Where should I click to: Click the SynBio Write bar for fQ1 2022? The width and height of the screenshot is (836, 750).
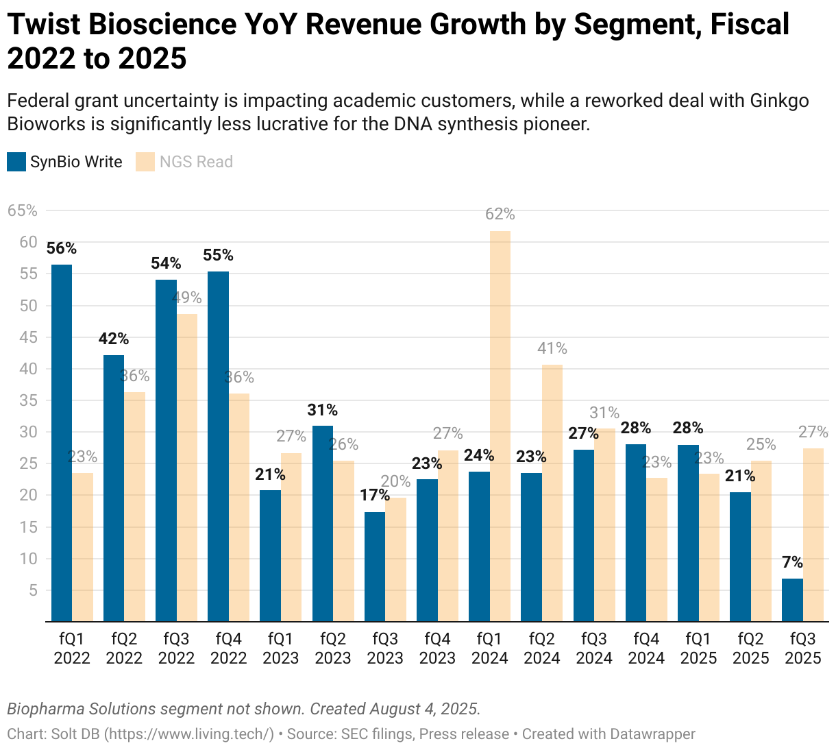pos(62,443)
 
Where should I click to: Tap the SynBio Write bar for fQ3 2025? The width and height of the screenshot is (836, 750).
pos(792,600)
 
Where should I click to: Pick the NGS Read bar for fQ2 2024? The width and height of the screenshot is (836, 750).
pos(552,493)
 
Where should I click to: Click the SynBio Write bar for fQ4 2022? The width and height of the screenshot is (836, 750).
pos(218,446)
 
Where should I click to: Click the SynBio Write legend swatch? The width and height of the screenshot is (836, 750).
pos(16,162)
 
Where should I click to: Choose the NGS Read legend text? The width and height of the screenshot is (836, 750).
pos(196,162)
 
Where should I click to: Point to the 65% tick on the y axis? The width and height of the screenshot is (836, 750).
pos(22,210)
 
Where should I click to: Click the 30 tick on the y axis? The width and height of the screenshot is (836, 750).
pos(27,432)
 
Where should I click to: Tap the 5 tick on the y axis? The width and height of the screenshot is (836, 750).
pos(32,590)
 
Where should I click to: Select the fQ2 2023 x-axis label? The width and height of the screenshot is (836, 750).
pos(333,649)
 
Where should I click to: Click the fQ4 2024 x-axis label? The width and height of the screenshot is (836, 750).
pos(646,649)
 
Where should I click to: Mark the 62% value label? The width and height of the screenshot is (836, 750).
pos(500,215)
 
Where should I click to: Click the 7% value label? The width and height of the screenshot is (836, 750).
pos(792,562)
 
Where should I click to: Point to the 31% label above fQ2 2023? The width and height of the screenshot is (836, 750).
pos(322,410)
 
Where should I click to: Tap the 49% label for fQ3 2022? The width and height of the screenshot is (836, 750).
pos(187,298)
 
